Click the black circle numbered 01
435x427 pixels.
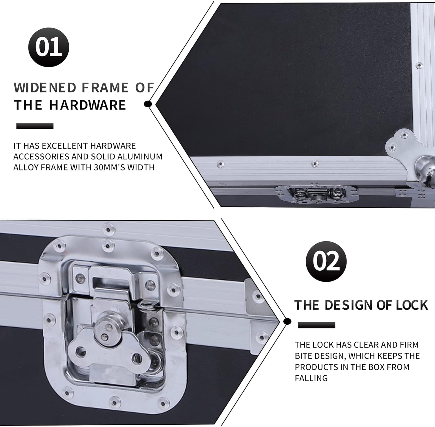tap(49, 47)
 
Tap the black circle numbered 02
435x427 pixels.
tap(326, 261)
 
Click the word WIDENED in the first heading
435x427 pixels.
tap(45, 88)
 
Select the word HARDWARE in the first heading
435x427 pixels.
tap(87, 105)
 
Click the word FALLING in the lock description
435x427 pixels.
tap(311, 378)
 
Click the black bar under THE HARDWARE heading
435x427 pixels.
tap(35, 126)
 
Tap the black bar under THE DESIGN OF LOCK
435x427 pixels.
tap(317, 325)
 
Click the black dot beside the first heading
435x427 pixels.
tap(148, 104)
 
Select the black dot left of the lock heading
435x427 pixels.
tap(287, 321)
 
